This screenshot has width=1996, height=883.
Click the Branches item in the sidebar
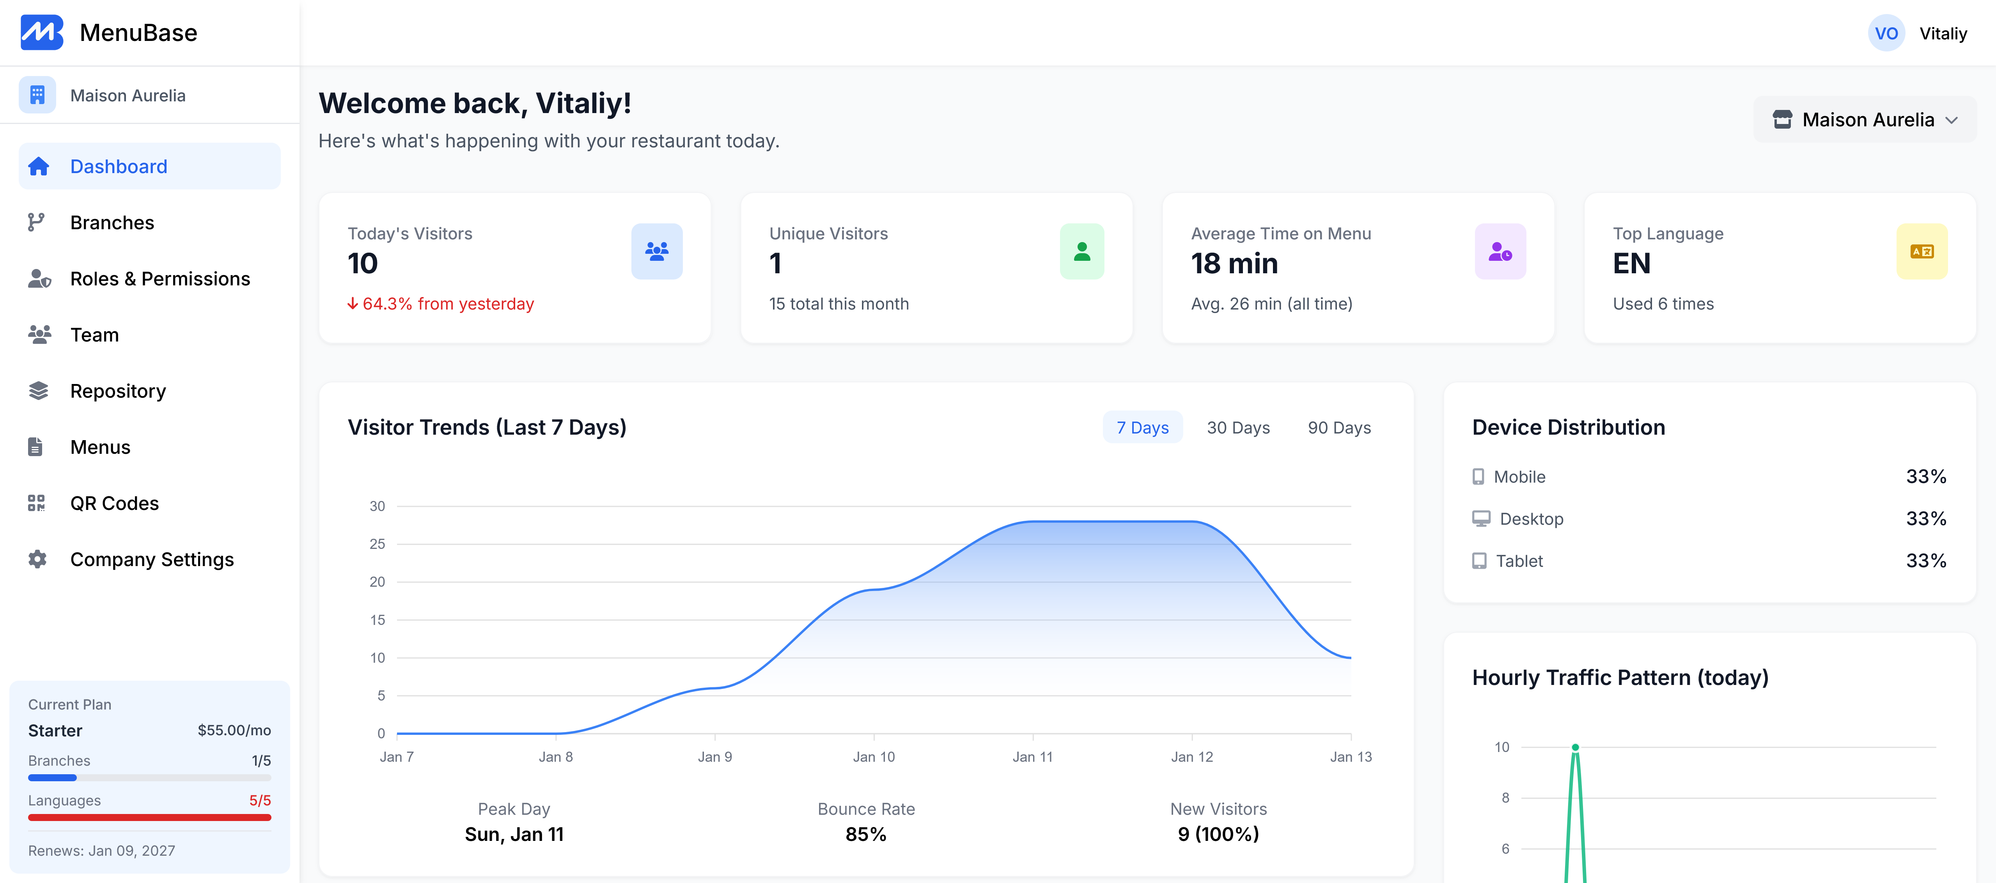(x=112, y=223)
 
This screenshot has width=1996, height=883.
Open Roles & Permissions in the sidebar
(x=160, y=279)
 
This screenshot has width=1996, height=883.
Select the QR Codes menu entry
(x=114, y=503)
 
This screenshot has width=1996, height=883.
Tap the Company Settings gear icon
(x=37, y=559)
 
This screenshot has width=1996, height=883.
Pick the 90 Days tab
(x=1339, y=428)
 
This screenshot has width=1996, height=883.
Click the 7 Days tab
(x=1142, y=428)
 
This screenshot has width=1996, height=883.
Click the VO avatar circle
(x=1886, y=33)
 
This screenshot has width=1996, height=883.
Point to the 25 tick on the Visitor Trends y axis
(x=378, y=544)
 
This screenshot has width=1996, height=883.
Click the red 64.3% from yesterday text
(x=448, y=304)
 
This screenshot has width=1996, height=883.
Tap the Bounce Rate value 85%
(x=865, y=834)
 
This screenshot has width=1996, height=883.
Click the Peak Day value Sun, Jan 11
(x=514, y=834)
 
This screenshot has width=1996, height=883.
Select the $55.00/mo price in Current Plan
(x=234, y=731)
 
